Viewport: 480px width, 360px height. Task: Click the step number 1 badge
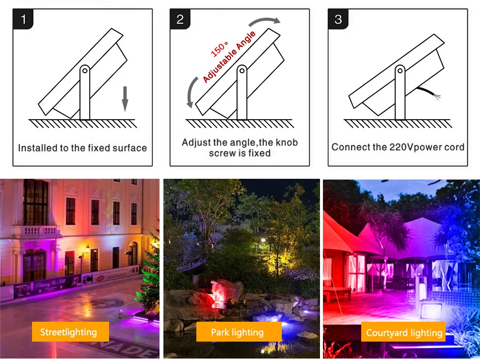tap(23, 19)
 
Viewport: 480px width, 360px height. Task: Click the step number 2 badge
tap(180, 19)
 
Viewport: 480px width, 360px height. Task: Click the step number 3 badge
tap(338, 19)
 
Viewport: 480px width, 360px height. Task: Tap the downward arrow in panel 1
tap(125, 99)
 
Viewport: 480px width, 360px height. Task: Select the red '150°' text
tap(219, 49)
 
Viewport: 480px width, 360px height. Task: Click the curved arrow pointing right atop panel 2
tap(264, 21)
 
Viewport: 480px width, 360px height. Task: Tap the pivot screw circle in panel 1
tap(85, 71)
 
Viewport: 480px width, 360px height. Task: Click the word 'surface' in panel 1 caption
tap(130, 148)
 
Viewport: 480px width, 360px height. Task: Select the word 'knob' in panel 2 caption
tap(287, 142)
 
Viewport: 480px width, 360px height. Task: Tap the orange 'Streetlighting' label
tap(70, 332)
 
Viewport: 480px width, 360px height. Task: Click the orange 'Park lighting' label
tap(239, 332)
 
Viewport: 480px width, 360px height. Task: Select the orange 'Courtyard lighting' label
tap(404, 332)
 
